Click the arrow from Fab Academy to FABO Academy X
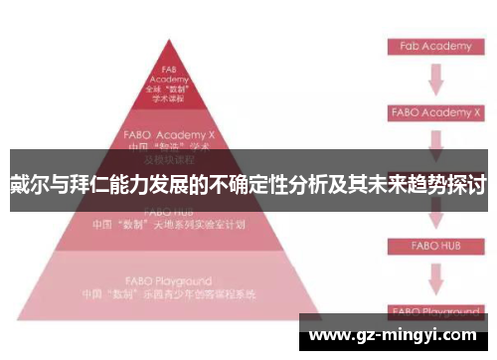tap(434, 79)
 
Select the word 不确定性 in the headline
tap(246, 184)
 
